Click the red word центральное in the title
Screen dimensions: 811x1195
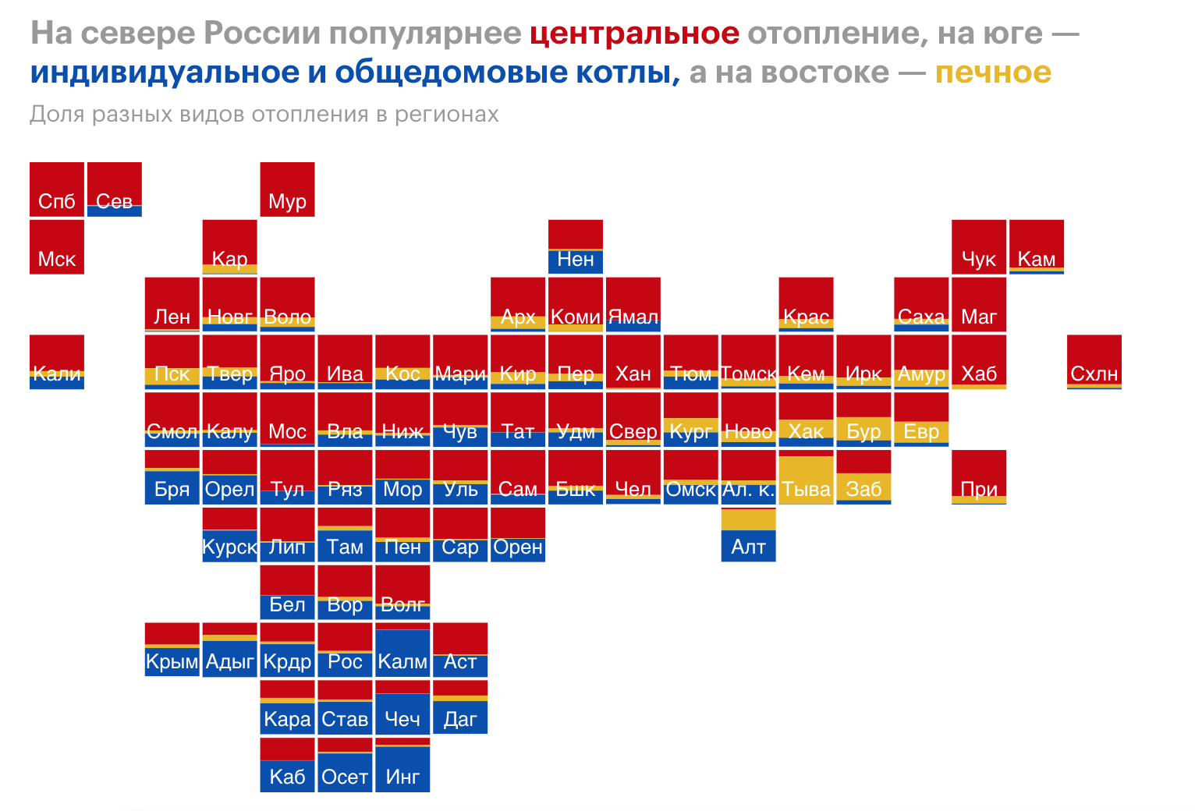[633, 34]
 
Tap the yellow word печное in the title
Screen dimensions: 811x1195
[992, 73]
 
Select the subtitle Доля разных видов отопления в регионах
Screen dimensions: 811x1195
[264, 115]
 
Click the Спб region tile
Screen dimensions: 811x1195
[57, 189]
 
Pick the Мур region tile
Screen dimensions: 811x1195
[287, 189]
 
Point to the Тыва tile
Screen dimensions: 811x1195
[806, 477]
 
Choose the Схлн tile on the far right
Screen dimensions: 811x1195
[1094, 362]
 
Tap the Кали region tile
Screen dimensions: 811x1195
[57, 362]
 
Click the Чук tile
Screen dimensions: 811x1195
[979, 247]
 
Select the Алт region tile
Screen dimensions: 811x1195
[748, 535]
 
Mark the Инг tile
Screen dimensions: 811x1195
[402, 765]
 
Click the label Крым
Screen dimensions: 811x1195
[172, 662]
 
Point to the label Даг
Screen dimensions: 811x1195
[460, 719]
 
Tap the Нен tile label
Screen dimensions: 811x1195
[576, 259]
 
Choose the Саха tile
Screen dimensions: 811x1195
[921, 304]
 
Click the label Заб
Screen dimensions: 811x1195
[863, 489]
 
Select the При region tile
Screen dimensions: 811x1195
[979, 477]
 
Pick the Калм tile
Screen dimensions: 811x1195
[402, 650]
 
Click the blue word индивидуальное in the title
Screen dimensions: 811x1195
[165, 73]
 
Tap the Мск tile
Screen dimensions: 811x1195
[57, 247]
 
